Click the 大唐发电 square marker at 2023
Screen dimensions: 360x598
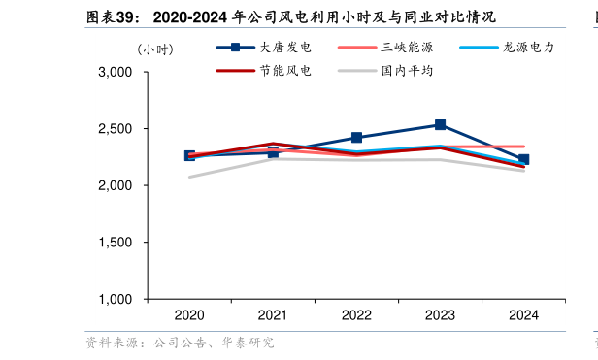click(x=440, y=125)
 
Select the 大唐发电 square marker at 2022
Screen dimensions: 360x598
click(x=356, y=138)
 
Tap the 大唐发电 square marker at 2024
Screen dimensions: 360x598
click(x=523, y=159)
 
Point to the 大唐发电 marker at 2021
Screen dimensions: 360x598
click(x=273, y=152)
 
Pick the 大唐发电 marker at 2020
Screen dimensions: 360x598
click(x=189, y=155)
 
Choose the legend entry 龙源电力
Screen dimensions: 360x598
click(x=529, y=47)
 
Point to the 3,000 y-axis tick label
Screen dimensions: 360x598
click(x=116, y=73)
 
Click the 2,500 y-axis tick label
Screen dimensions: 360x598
click(x=116, y=129)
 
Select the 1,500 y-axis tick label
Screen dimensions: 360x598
click(x=116, y=243)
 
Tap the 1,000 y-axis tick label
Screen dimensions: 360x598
click(x=116, y=299)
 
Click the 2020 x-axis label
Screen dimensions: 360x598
click(x=189, y=315)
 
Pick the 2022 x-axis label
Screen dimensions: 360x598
click(x=356, y=315)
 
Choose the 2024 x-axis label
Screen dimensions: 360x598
click(x=523, y=315)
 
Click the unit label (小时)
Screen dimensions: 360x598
click(x=154, y=49)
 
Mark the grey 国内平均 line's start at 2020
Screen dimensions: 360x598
click(x=189, y=177)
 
